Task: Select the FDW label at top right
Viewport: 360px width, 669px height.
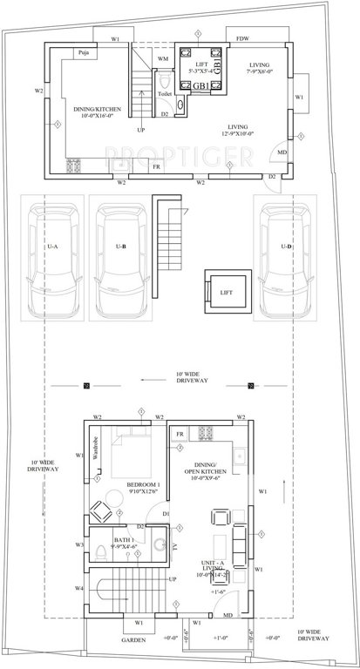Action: pyautogui.click(x=239, y=38)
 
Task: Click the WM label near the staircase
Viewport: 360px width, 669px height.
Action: pyautogui.click(x=162, y=58)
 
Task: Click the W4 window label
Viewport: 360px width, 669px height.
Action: pyautogui.click(x=78, y=589)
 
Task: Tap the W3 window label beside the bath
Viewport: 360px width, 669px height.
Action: pyautogui.click(x=78, y=545)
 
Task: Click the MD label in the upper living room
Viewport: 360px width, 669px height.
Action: pyautogui.click(x=282, y=152)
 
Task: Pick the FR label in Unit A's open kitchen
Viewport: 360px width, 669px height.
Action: pyautogui.click(x=180, y=433)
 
